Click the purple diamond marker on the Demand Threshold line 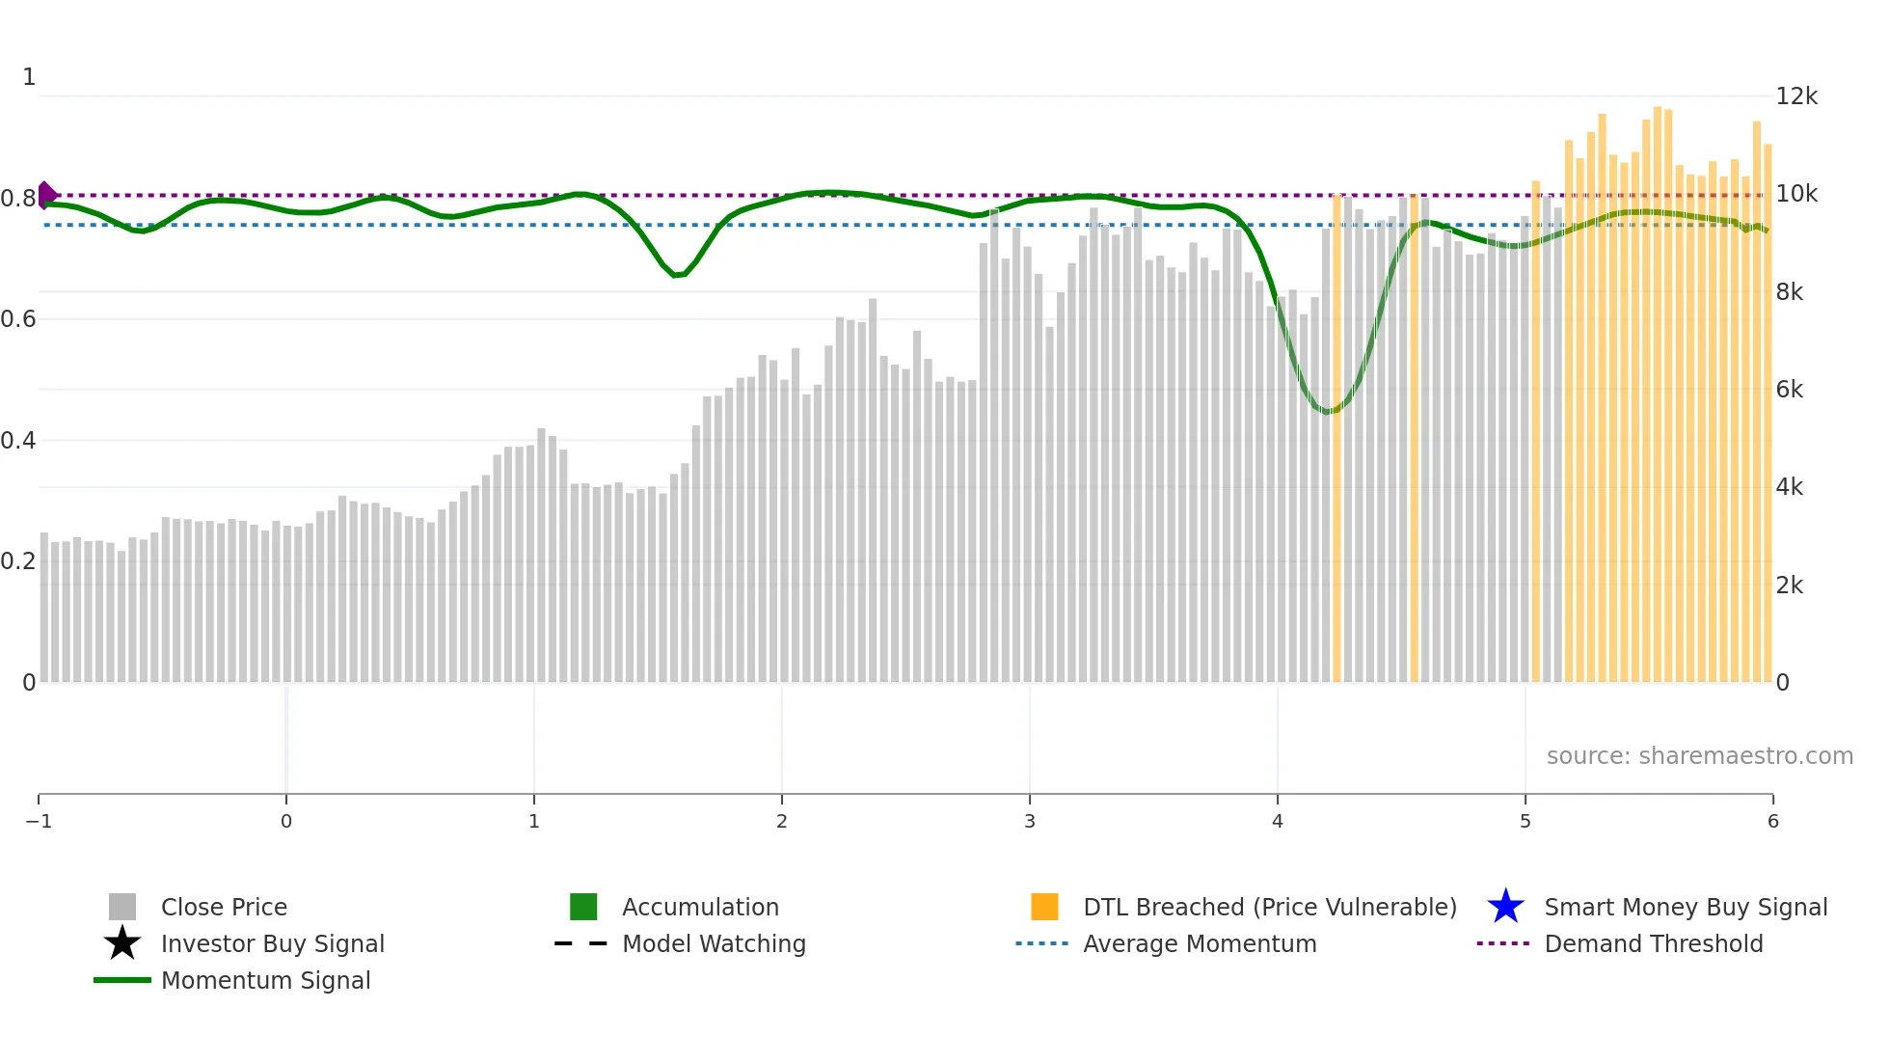point(46,195)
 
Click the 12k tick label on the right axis point(1795,96)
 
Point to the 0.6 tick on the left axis point(18,319)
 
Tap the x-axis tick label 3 point(1029,821)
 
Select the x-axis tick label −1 point(39,821)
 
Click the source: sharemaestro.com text point(1699,755)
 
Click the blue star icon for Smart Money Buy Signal point(1505,907)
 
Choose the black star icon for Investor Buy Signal point(122,943)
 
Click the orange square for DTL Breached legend point(1044,907)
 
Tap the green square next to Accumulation point(583,907)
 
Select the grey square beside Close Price point(122,907)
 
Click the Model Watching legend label point(714,943)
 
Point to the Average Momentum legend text point(1200,943)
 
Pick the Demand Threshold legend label point(1653,943)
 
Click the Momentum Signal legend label point(265,980)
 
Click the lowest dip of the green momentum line point(1328,412)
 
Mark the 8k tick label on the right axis point(1789,292)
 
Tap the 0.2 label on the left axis point(18,561)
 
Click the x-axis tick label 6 point(1772,821)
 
